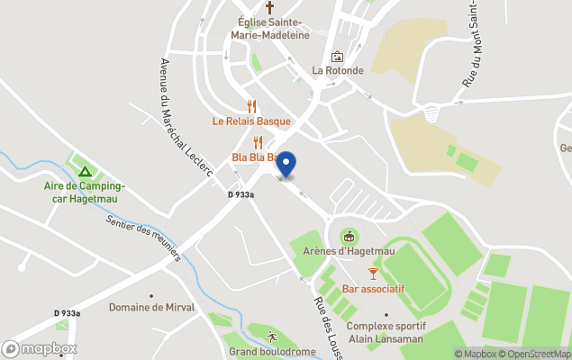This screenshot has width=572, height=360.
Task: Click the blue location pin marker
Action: (286, 165)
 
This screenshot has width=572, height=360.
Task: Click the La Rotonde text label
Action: (338, 70)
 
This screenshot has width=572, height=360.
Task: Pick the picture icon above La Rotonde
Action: (337, 56)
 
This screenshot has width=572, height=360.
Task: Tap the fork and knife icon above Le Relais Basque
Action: (252, 106)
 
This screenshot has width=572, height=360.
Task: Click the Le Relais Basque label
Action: (251, 121)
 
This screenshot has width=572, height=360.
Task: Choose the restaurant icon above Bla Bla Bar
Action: (258, 142)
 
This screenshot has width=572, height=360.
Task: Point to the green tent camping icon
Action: (84, 171)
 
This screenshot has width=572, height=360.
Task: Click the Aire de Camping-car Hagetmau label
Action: (85, 192)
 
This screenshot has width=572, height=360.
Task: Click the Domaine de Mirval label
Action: (150, 307)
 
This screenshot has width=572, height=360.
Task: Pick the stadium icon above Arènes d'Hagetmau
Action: (348, 236)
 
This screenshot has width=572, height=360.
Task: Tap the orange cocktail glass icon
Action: (373, 273)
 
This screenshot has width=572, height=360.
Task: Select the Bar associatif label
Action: (373, 289)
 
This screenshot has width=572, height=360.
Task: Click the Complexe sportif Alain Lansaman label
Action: (386, 332)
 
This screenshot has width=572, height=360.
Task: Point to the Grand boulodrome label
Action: (272, 352)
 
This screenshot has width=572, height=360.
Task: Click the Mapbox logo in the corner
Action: (40, 348)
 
